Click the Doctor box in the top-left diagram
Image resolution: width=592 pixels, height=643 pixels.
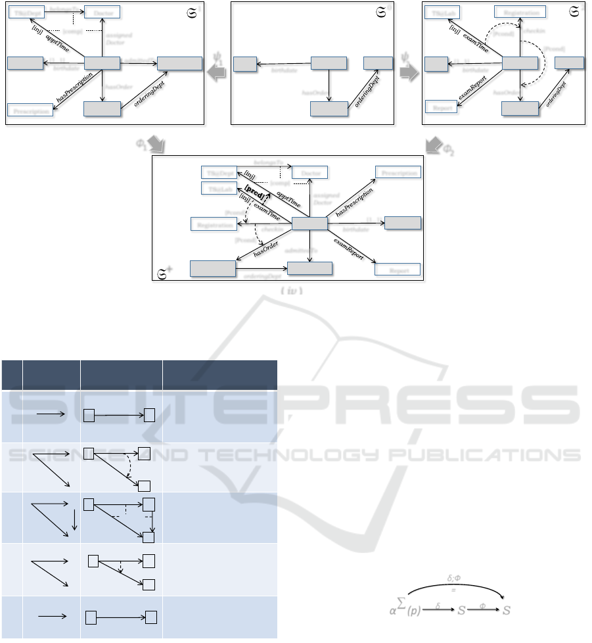click(102, 12)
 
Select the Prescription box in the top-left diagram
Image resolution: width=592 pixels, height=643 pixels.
click(30, 110)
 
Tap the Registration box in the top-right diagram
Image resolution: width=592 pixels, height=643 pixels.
click(520, 12)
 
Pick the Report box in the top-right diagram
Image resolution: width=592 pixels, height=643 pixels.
click(441, 107)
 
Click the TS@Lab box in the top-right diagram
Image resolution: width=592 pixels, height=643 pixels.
click(442, 12)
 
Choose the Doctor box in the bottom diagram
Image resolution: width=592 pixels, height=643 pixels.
click(309, 172)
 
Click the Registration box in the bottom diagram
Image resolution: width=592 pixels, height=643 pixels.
click(213, 224)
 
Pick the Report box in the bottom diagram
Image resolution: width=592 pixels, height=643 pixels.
click(397, 270)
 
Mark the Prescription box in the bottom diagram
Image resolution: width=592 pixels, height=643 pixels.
click(398, 172)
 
